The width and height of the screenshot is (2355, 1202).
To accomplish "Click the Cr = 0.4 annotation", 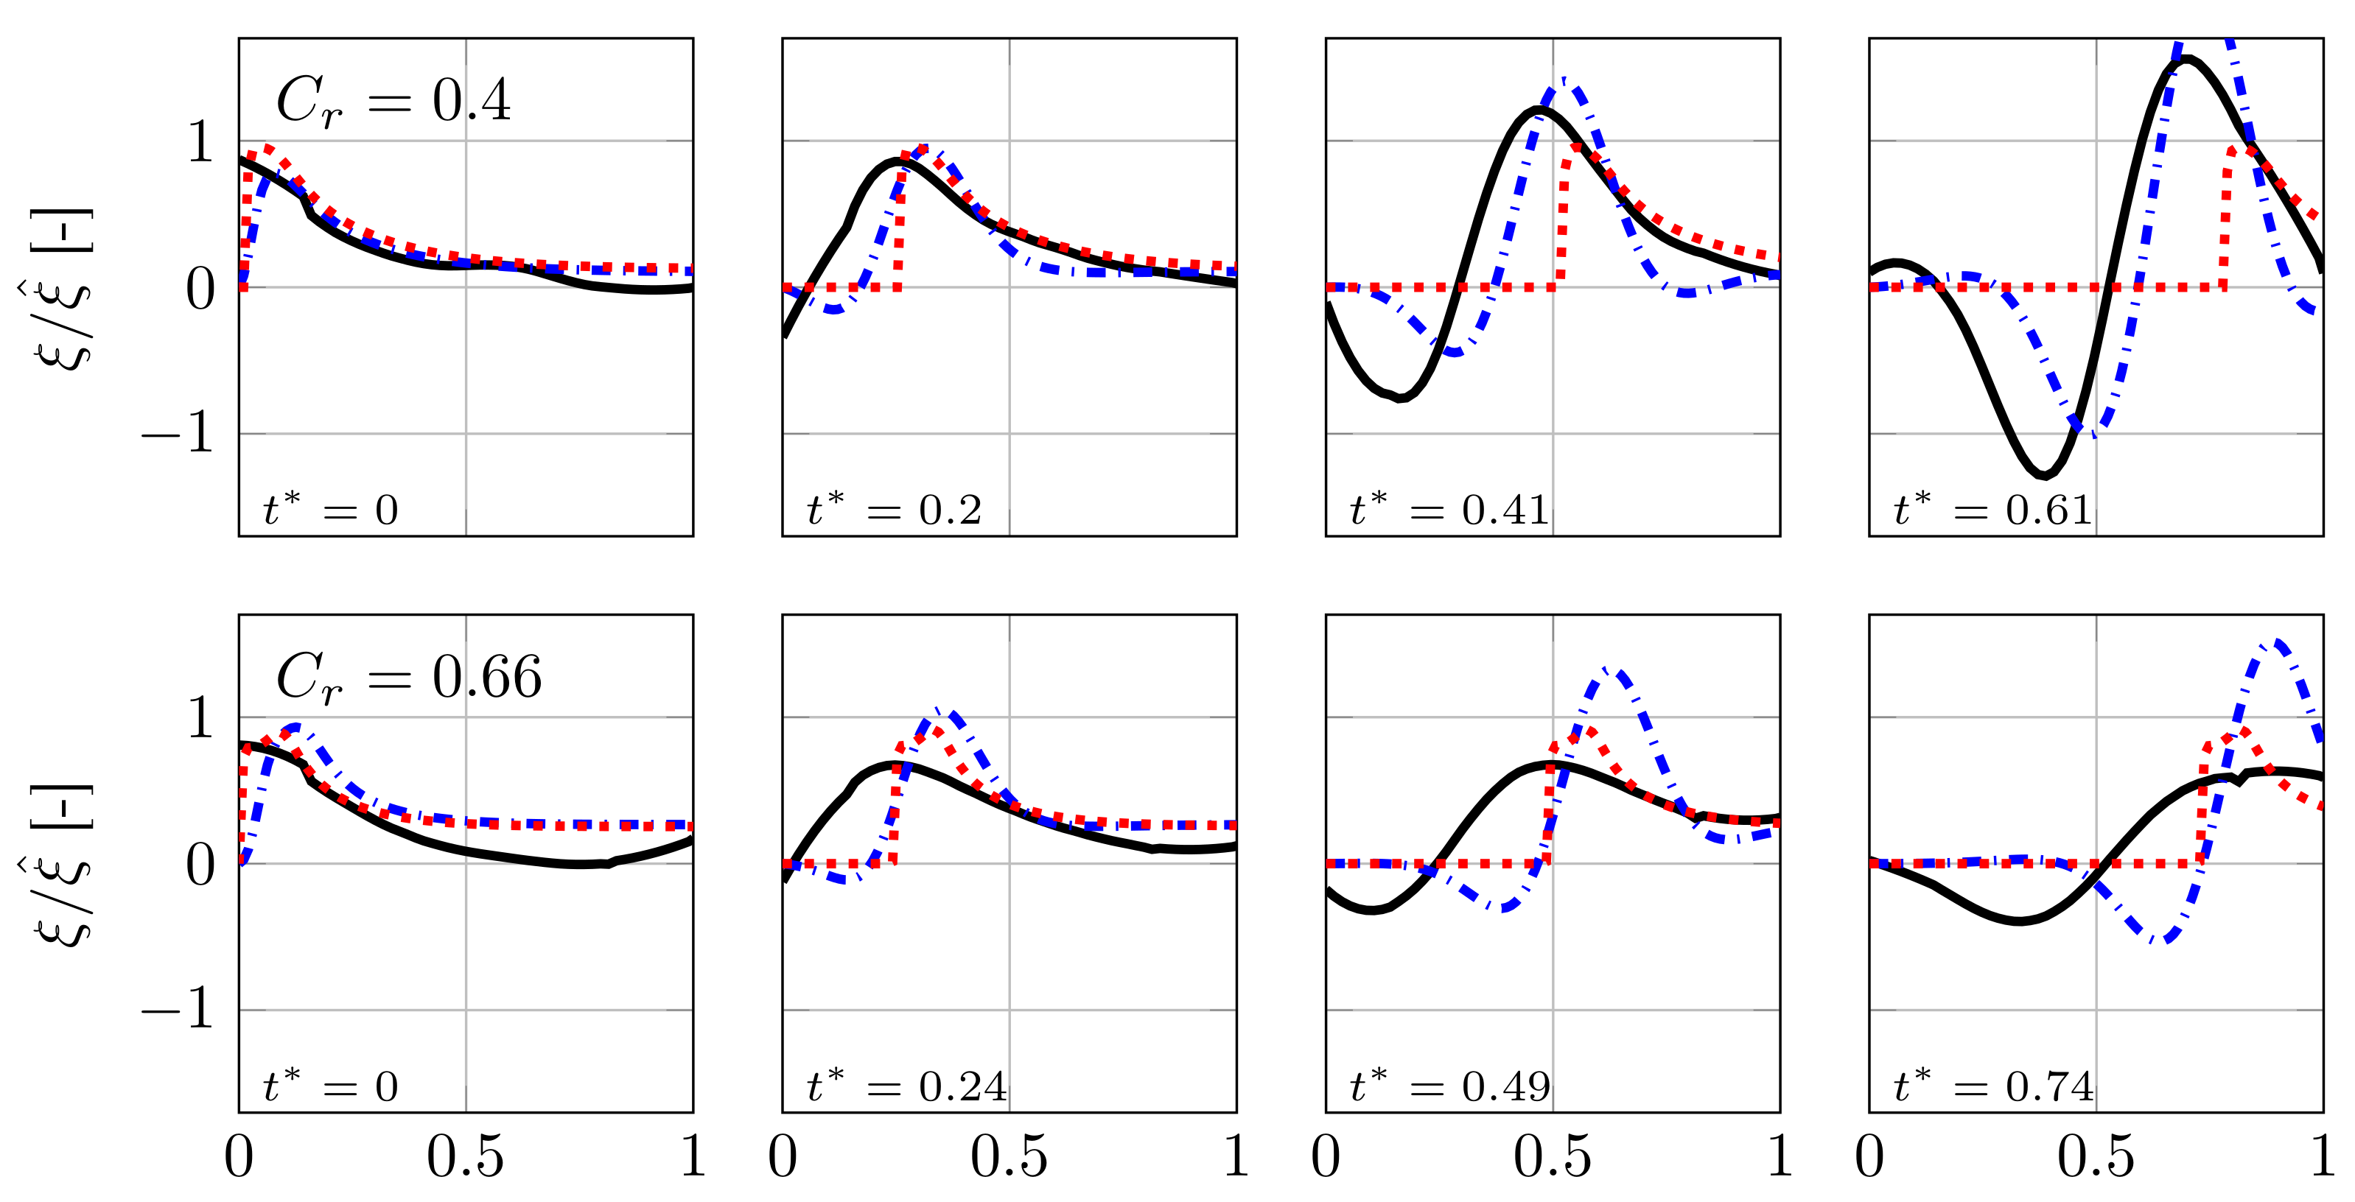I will [x=393, y=102].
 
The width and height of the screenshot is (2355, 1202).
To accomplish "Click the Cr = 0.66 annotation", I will [x=409, y=678].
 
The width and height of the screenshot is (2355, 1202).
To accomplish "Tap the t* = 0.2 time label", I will [x=894, y=509].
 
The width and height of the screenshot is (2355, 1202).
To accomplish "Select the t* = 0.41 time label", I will [x=1449, y=509].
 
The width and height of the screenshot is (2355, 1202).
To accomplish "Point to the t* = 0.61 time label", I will [x=1993, y=509].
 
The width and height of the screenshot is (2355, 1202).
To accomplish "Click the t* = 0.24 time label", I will [x=906, y=1086].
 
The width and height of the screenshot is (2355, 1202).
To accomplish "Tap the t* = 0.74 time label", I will [x=1993, y=1086].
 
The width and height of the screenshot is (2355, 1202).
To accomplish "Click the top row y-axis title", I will [x=62, y=288].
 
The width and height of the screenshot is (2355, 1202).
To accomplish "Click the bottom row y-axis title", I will [x=62, y=864].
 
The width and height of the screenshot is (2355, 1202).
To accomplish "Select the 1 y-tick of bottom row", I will [x=199, y=718].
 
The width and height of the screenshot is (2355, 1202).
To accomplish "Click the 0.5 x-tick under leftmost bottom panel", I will [x=466, y=1156].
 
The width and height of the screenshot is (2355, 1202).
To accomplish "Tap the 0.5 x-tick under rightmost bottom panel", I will [x=2096, y=1156].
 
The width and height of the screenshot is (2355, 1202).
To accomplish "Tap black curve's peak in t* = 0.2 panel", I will [x=896, y=163].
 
